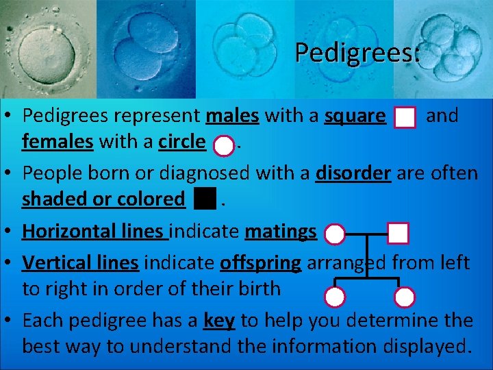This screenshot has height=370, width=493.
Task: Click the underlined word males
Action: pyautogui.click(x=232, y=116)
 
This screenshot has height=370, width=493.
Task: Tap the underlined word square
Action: pyautogui.click(x=355, y=116)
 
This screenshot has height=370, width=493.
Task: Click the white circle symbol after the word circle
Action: pyautogui.click(x=223, y=145)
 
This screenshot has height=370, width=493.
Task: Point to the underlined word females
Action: pyautogui.click(x=58, y=142)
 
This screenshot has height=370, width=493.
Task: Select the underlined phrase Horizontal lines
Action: pyautogui.click(x=94, y=231)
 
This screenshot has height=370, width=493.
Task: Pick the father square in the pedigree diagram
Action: pyautogui.click(x=398, y=234)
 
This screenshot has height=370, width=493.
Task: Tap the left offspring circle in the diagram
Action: pyautogui.click(x=335, y=297)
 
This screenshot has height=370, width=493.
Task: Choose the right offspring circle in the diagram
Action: pyautogui.click(x=405, y=297)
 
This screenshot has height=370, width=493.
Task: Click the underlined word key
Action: pyautogui.click(x=216, y=320)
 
